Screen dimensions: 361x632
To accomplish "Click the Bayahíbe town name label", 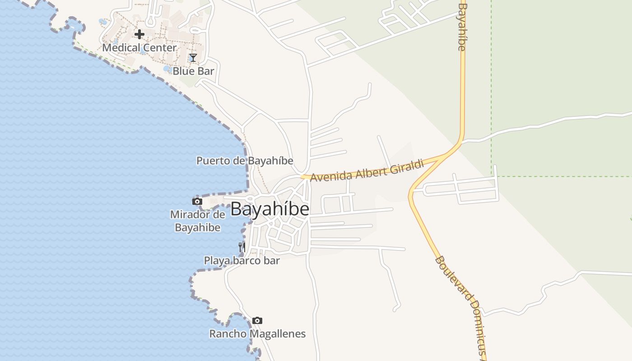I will [x=270, y=209].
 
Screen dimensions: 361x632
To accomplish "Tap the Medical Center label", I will [x=139, y=47].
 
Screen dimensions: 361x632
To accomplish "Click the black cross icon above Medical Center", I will [x=139, y=34].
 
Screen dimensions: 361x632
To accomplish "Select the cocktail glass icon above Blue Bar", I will [x=193, y=57].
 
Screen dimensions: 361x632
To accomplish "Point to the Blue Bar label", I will [x=193, y=71].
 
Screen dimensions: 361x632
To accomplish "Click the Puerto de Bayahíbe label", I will [x=245, y=161].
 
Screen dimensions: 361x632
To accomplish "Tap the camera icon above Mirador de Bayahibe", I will [x=197, y=201].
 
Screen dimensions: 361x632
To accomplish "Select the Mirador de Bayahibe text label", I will [x=197, y=221].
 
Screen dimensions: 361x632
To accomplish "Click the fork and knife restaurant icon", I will [x=242, y=247].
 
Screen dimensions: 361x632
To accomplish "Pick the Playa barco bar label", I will [x=242, y=260].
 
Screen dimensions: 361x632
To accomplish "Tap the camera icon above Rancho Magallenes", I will [x=257, y=320].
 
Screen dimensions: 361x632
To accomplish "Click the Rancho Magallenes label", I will [x=257, y=334].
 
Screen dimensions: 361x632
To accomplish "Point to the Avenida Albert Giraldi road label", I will [x=367, y=171].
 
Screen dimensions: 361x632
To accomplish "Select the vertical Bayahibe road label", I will [x=462, y=27].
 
